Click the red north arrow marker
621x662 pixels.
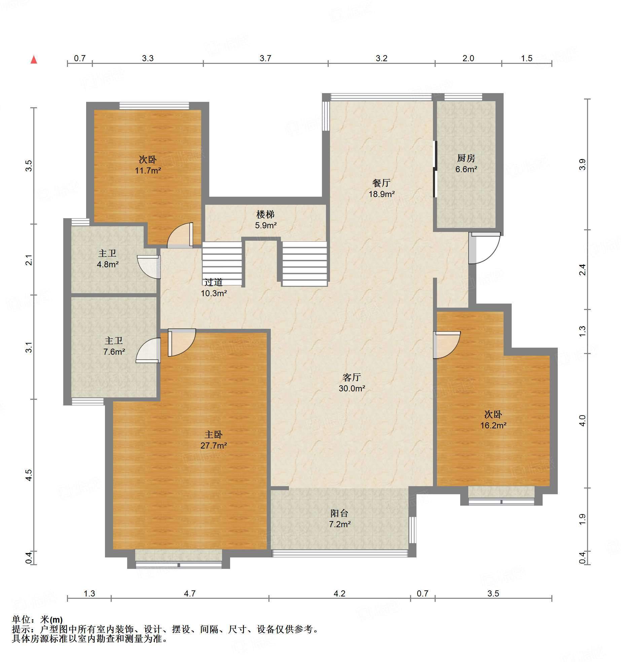[34, 60]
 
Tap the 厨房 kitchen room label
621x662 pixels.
[466, 163]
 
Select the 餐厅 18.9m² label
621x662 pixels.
[381, 188]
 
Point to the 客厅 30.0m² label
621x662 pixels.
[352, 383]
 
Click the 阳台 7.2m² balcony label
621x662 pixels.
[340, 518]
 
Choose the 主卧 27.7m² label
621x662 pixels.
[214, 440]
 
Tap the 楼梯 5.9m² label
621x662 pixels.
[266, 220]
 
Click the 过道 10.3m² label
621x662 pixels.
[214, 287]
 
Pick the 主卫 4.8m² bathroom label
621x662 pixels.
[108, 259]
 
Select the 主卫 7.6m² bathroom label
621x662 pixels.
[114, 346]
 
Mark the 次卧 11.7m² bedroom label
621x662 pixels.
[148, 165]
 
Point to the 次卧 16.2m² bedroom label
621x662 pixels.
[493, 420]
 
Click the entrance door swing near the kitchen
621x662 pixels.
[484, 248]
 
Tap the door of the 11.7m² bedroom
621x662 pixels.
[180, 235]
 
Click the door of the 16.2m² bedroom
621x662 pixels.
[447, 345]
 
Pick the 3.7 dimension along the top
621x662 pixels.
[265, 58]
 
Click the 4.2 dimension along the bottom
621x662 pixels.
[339, 593]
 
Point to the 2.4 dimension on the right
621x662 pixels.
[582, 270]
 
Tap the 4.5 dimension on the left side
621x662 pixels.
[29, 475]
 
